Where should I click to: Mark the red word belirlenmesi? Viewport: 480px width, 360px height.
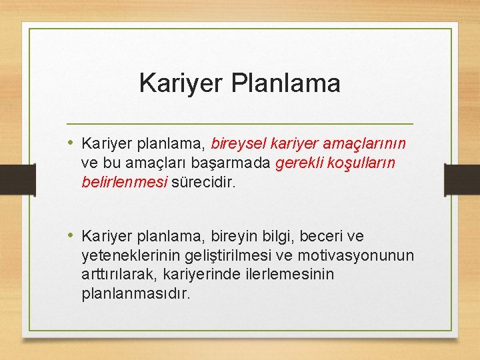point(124,181)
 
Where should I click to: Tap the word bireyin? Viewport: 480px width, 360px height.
point(239,236)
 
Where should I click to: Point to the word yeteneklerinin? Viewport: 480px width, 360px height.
point(125,255)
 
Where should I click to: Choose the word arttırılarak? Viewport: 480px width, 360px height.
point(114,274)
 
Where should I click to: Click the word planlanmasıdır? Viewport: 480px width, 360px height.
point(135,293)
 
